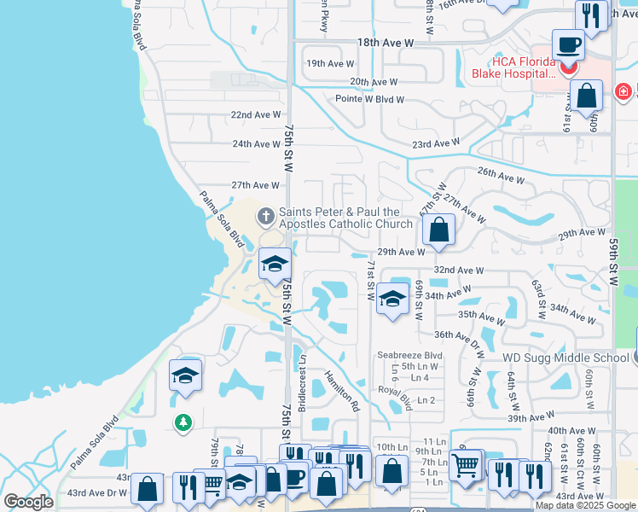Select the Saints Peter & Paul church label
coord(345,218)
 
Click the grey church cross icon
coord(265,217)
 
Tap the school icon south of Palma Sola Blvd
coord(185,375)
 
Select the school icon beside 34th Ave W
coord(392,299)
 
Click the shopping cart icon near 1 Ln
coord(465,465)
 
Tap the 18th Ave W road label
coord(386,42)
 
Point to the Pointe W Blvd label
coord(369,100)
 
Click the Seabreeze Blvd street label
coord(410,355)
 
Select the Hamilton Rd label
coord(342,390)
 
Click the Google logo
coord(28,503)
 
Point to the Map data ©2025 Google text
coord(584,505)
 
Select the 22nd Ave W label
coord(256,114)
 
